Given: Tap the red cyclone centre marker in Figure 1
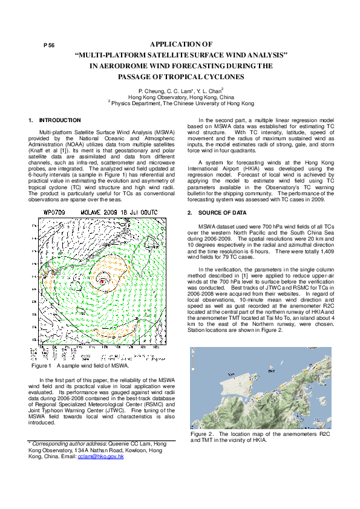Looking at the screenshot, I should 103,282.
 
